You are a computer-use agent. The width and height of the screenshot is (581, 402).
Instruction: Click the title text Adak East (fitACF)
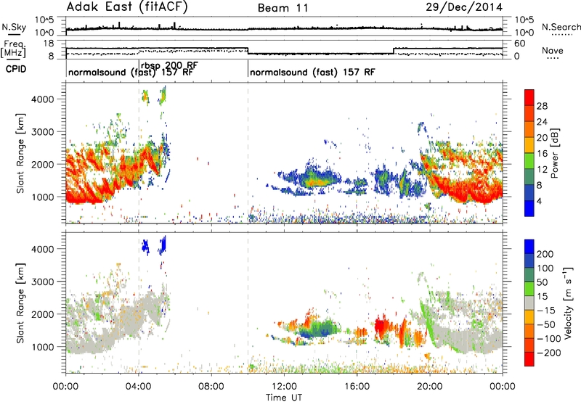[127, 7]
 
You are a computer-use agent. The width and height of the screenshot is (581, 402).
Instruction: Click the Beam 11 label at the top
[283, 8]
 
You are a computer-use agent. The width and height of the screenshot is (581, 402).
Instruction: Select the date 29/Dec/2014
[464, 7]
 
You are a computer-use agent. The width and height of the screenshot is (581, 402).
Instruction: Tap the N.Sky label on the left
[14, 27]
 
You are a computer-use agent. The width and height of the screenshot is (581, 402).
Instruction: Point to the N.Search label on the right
[561, 27]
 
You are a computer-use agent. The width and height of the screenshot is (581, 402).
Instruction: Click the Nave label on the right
[553, 50]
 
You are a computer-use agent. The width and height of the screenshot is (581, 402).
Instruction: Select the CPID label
[16, 69]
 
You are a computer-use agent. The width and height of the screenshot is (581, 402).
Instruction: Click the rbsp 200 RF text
[169, 65]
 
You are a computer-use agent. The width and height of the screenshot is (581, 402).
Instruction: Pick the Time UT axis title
[284, 397]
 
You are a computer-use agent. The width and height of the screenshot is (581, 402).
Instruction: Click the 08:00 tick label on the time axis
[211, 387]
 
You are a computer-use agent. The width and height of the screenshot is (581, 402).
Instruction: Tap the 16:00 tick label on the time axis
[357, 387]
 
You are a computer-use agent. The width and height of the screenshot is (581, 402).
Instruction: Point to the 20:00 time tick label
[430, 387]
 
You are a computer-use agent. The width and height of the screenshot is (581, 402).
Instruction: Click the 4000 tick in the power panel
[43, 99]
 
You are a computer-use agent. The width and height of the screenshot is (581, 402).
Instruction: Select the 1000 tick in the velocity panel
[43, 347]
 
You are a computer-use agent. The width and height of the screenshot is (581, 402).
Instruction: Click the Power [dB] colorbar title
[555, 153]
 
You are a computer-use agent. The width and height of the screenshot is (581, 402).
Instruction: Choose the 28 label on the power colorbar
[542, 106]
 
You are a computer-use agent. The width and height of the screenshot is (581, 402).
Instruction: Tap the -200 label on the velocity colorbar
[548, 353]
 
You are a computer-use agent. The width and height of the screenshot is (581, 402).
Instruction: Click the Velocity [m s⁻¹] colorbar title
[568, 303]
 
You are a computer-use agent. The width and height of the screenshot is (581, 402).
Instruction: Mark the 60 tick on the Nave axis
[520, 44]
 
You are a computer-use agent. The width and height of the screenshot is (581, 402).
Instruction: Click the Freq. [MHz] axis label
[13, 49]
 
